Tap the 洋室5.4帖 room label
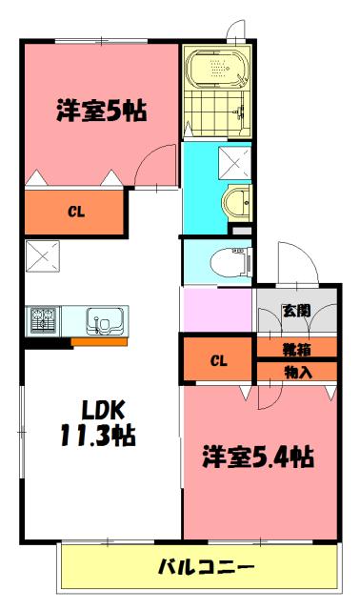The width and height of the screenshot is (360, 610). coord(257,457)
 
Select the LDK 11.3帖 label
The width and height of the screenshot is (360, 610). coord(99,425)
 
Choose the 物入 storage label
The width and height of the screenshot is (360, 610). coord(296,371)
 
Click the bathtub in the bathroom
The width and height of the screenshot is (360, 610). coord(216,70)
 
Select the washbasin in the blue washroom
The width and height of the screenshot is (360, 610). coord(234,202)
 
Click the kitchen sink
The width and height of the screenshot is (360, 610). coord(100,319)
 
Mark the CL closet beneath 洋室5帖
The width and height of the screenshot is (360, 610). coord(73,213)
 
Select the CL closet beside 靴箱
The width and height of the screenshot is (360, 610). coord(218,360)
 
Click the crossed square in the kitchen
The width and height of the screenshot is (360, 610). coord(42,256)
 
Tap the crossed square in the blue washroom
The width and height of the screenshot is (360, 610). coord(234,159)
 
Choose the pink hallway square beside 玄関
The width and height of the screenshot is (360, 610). coord(217,309)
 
